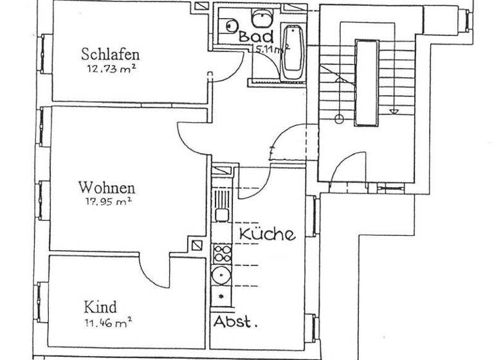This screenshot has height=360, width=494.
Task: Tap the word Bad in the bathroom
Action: (256, 37)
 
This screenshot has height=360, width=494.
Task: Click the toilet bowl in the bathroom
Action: (230, 26)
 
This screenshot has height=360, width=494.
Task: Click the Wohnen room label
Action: (107, 188)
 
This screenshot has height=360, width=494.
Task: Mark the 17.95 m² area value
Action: (107, 201)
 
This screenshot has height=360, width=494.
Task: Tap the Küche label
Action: (268, 234)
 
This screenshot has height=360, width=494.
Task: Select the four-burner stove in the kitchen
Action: (222, 252)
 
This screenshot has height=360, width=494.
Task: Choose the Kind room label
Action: (100, 307)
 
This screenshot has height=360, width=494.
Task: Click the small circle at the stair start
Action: (339, 116)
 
